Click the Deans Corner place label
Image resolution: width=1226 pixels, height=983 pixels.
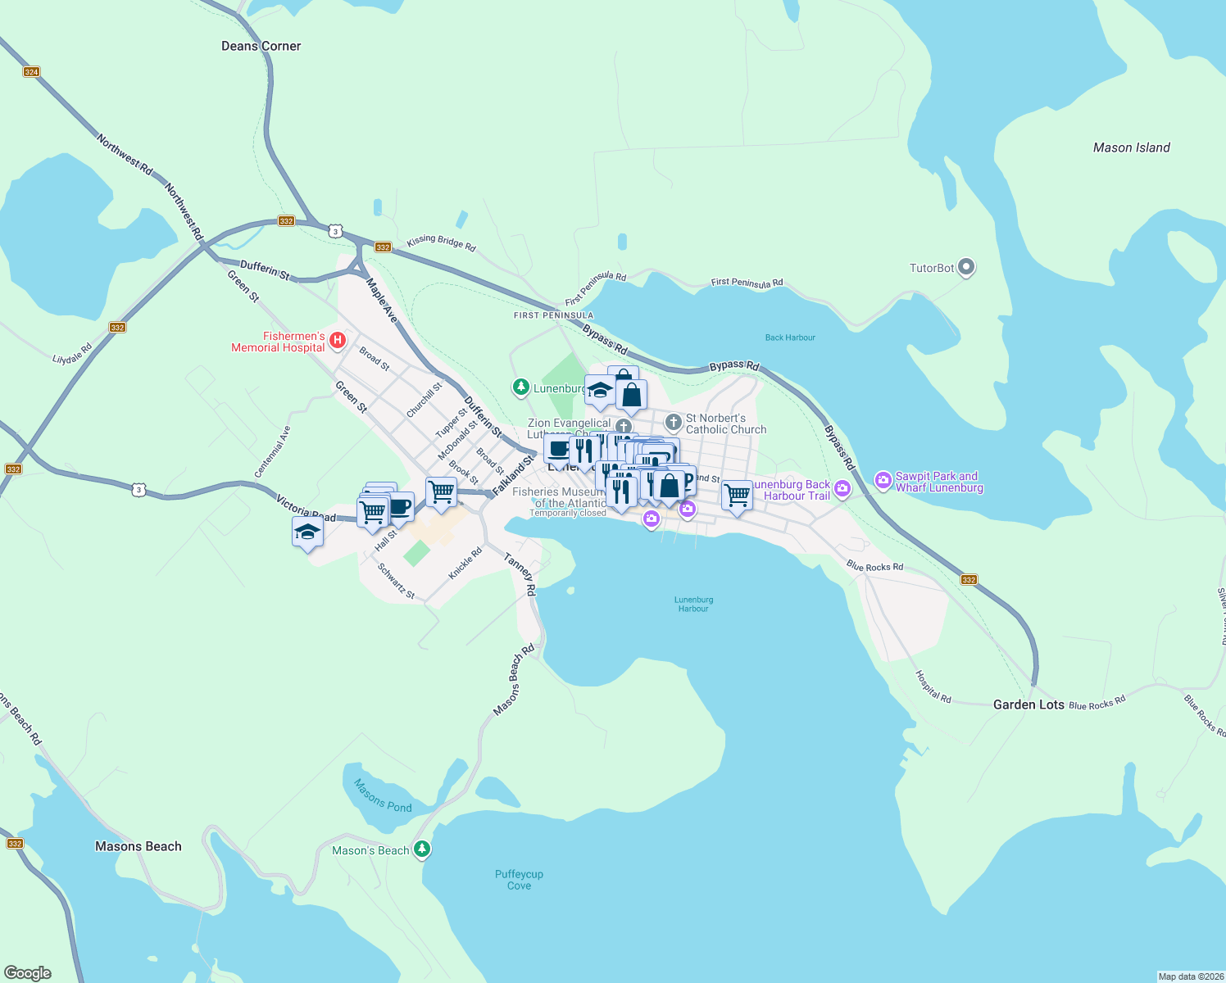(x=261, y=47)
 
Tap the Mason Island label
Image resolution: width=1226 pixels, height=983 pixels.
(x=1131, y=148)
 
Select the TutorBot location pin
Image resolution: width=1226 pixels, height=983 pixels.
(x=966, y=267)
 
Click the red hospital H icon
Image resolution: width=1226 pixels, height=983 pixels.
(x=336, y=340)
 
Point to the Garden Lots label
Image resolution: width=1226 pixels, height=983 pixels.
(x=1028, y=704)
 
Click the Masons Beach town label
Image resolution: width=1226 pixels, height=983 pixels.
(x=138, y=846)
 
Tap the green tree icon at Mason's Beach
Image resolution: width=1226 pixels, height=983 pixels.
(x=422, y=849)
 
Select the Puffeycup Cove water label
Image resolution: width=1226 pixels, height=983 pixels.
(x=519, y=880)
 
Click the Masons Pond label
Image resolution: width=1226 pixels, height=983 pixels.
(x=383, y=795)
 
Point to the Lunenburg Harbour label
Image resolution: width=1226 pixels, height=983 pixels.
(x=693, y=605)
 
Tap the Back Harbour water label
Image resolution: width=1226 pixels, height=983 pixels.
(x=789, y=337)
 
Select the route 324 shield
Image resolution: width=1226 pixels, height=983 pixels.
(x=31, y=72)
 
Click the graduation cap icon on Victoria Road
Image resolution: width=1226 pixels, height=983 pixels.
(x=307, y=533)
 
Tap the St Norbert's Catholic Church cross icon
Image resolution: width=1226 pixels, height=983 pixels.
(x=673, y=423)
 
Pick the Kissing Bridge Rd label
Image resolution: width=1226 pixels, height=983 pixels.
(x=441, y=243)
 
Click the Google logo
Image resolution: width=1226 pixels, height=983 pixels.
(x=27, y=973)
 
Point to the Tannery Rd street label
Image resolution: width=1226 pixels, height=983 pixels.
(x=520, y=574)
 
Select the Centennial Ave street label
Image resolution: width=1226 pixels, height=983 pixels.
(x=272, y=452)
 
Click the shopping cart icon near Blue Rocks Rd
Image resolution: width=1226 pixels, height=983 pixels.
(x=737, y=495)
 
